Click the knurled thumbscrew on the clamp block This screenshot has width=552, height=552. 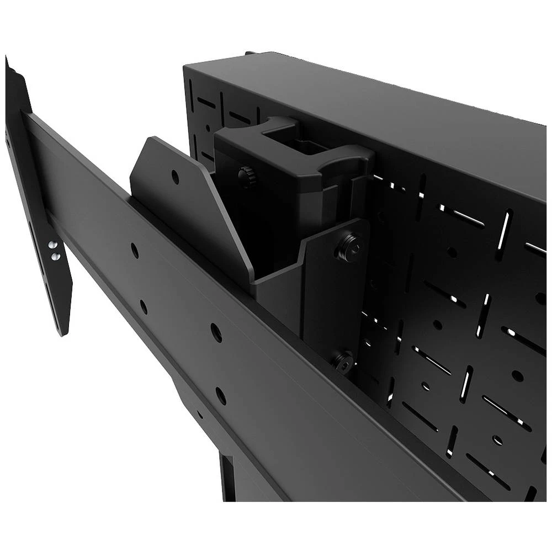point(246,176)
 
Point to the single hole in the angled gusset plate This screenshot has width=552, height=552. point(175,177)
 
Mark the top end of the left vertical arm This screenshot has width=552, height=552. point(8,63)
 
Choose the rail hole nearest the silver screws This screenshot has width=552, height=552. point(135,251)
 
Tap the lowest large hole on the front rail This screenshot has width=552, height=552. point(221,395)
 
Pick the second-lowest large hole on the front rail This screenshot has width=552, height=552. point(216,332)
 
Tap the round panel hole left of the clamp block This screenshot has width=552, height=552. point(208,128)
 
